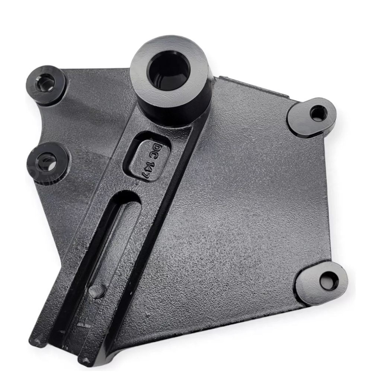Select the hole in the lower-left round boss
[48, 163]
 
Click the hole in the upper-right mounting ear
[318, 113]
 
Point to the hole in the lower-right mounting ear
[329, 281]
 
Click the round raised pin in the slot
[97, 290]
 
